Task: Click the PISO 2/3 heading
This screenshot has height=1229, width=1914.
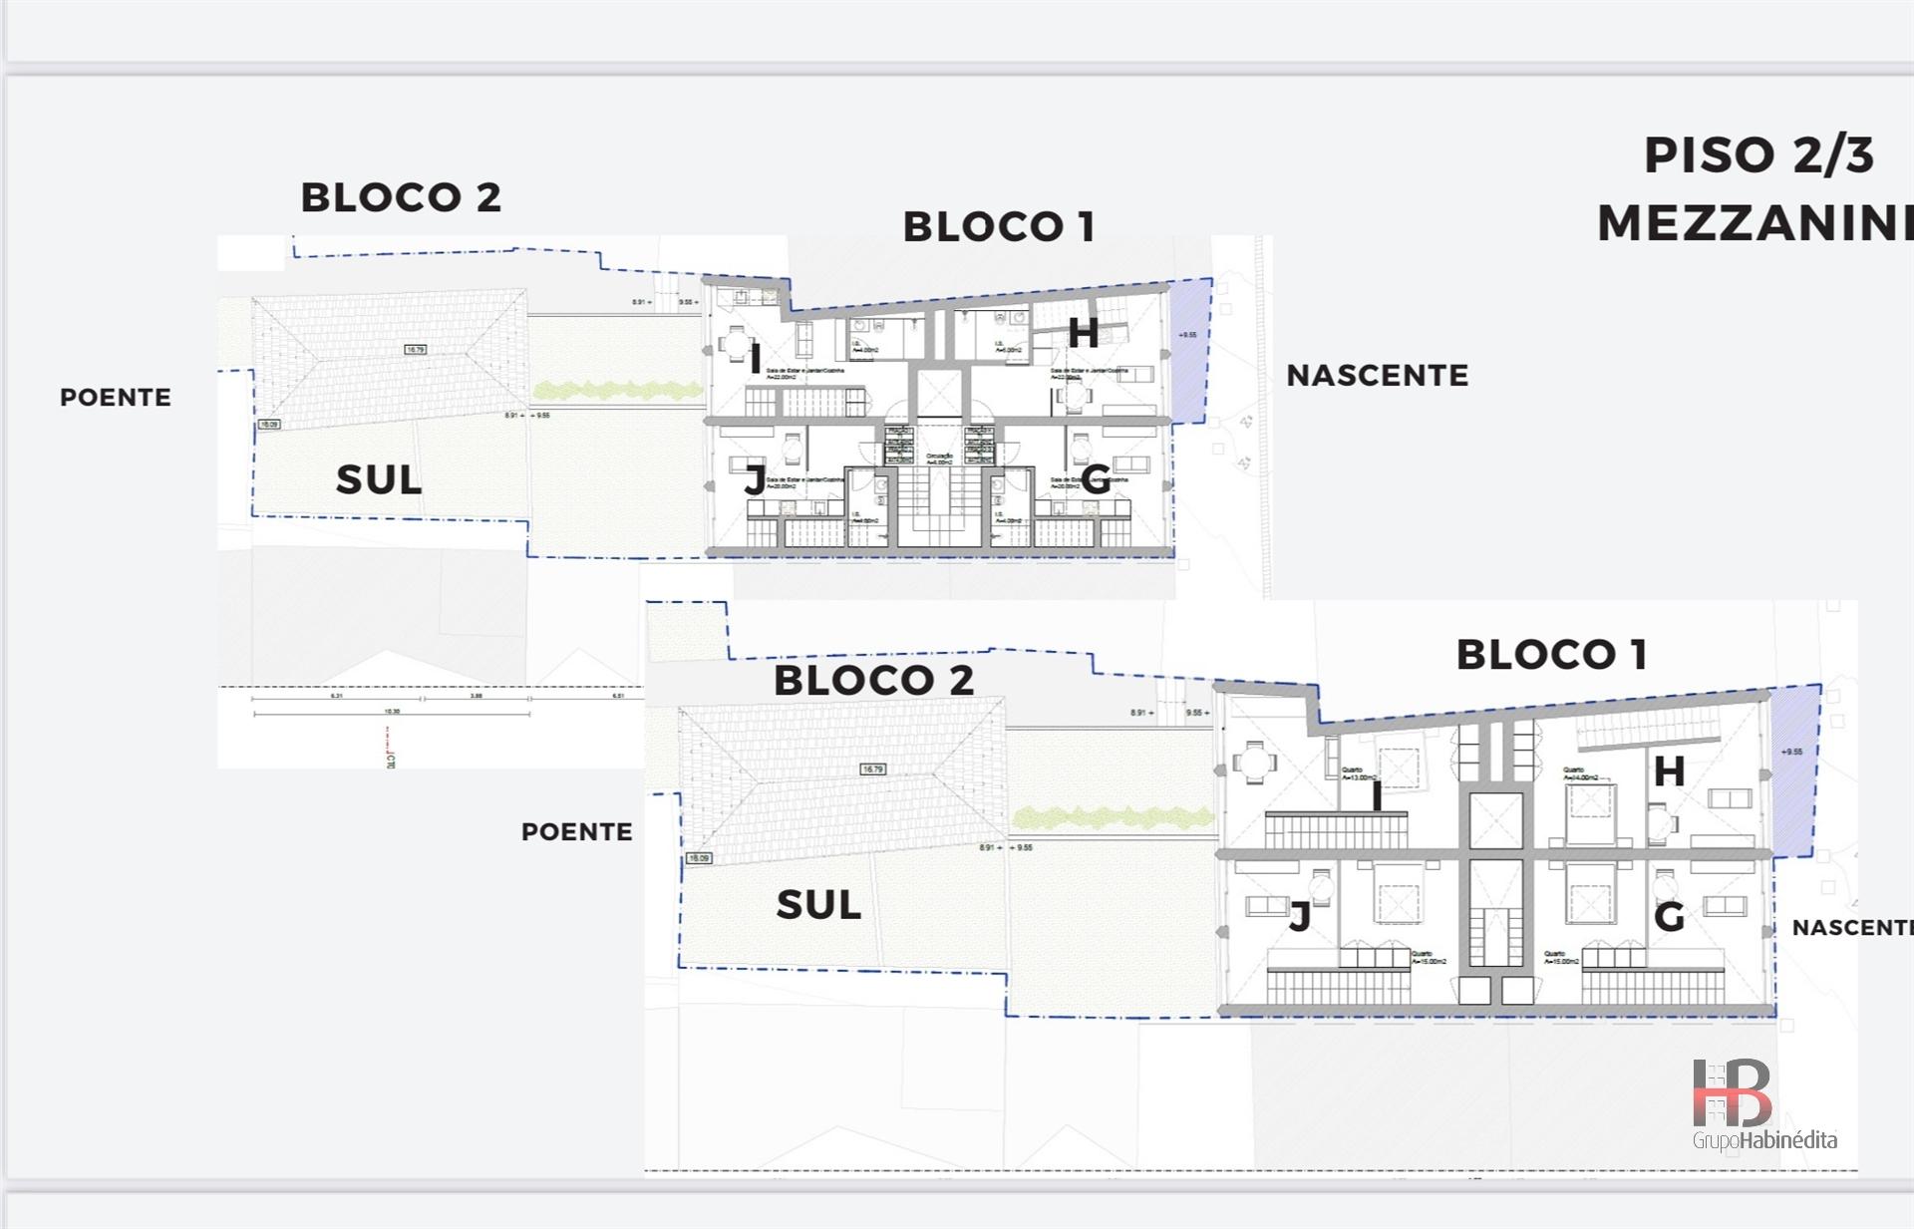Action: click(x=1758, y=155)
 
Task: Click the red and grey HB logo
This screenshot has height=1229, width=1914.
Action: click(x=1733, y=1093)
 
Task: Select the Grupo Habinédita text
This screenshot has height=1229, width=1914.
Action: click(x=1764, y=1140)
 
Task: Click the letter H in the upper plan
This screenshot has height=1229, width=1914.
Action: click(x=1083, y=333)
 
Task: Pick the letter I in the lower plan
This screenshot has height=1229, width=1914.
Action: click(x=1377, y=796)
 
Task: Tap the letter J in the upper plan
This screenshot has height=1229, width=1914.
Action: click(x=755, y=480)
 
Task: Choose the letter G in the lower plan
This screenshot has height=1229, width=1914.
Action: click(x=1669, y=917)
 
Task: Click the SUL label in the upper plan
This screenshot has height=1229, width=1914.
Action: click(x=379, y=480)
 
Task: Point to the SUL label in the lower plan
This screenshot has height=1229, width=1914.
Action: click(x=818, y=905)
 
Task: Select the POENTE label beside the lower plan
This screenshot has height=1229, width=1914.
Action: click(x=577, y=832)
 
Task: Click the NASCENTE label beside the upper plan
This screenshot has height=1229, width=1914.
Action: click(x=1377, y=376)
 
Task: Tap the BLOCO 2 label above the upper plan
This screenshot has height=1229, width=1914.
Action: click(x=401, y=197)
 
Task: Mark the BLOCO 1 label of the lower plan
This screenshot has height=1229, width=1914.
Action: click(x=1551, y=655)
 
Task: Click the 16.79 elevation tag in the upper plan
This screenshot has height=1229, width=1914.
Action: click(x=416, y=350)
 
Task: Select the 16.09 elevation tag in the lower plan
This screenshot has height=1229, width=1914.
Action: click(x=698, y=858)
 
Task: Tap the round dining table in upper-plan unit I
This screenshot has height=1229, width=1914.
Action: click(x=737, y=347)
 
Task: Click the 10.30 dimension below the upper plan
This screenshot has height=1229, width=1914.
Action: click(x=392, y=712)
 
